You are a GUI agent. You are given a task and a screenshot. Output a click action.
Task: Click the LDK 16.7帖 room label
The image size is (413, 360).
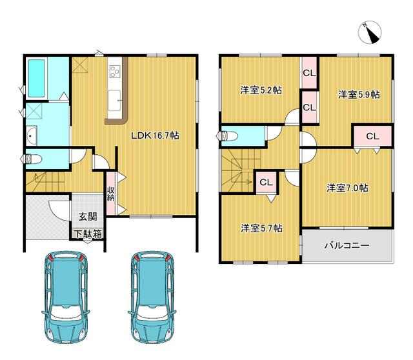(x=156, y=135)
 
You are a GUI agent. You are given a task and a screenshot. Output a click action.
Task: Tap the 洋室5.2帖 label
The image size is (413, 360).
(x=261, y=90)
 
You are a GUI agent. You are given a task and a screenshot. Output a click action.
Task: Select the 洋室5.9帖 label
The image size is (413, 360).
(x=359, y=95)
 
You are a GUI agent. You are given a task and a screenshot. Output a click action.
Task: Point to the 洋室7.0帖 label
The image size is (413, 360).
(x=347, y=188)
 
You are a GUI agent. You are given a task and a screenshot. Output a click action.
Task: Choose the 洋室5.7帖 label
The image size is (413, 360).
(x=262, y=228)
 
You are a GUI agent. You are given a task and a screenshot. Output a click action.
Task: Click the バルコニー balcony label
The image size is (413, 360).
(x=347, y=246)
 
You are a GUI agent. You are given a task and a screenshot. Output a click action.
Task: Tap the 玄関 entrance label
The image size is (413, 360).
(x=88, y=217)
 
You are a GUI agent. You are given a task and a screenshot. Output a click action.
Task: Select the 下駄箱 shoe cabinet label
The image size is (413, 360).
(x=88, y=234)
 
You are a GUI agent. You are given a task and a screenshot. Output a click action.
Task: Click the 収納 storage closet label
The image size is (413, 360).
(x=110, y=194)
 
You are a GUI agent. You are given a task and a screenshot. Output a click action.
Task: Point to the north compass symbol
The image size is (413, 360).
(x=370, y=32)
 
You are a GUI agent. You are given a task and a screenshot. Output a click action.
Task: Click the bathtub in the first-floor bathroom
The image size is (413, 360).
(x=36, y=79)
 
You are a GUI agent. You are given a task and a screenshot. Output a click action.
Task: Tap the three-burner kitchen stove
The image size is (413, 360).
(x=115, y=72)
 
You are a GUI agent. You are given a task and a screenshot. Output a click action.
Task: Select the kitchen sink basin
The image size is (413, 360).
(x=114, y=101)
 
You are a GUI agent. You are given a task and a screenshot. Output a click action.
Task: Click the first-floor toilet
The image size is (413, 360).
(x=32, y=159)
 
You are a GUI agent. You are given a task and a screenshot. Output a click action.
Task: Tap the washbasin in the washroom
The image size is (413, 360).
(x=32, y=135)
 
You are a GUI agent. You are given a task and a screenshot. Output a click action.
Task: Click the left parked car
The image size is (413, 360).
(x=66, y=297)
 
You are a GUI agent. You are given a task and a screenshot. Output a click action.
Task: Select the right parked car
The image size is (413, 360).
(x=152, y=297)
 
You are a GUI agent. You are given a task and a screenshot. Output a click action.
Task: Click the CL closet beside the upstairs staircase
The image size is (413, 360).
(x=266, y=182)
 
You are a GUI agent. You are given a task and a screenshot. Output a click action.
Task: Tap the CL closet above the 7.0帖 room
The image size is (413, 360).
(x=372, y=136)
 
